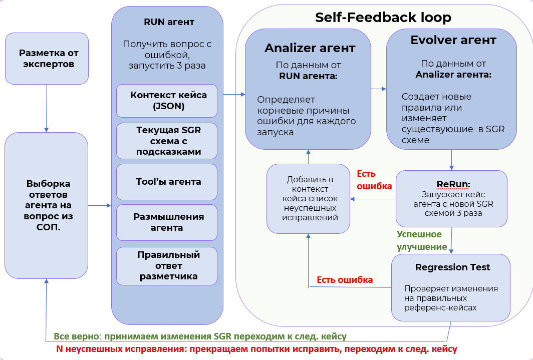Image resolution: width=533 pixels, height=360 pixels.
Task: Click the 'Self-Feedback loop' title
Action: tap(383, 18)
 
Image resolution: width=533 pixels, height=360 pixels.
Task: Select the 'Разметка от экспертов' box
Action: tap(47, 59)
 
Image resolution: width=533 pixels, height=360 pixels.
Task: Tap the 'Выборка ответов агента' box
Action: tap(46, 205)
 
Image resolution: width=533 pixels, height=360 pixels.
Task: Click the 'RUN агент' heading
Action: tap(169, 22)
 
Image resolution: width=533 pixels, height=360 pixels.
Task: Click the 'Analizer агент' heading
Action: tap(310, 48)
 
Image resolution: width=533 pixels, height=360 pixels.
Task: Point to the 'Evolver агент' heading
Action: tap(453, 40)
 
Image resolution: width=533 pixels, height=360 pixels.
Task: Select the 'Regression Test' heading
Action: tap(452, 267)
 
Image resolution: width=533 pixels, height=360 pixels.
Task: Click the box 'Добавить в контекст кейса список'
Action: tap(308, 198)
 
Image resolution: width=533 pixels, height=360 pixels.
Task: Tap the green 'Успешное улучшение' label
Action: tap(422, 240)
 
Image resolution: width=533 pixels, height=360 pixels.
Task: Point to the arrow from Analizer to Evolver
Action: tap(379, 89)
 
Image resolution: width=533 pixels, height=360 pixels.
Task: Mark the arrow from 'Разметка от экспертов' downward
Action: tap(46, 108)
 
